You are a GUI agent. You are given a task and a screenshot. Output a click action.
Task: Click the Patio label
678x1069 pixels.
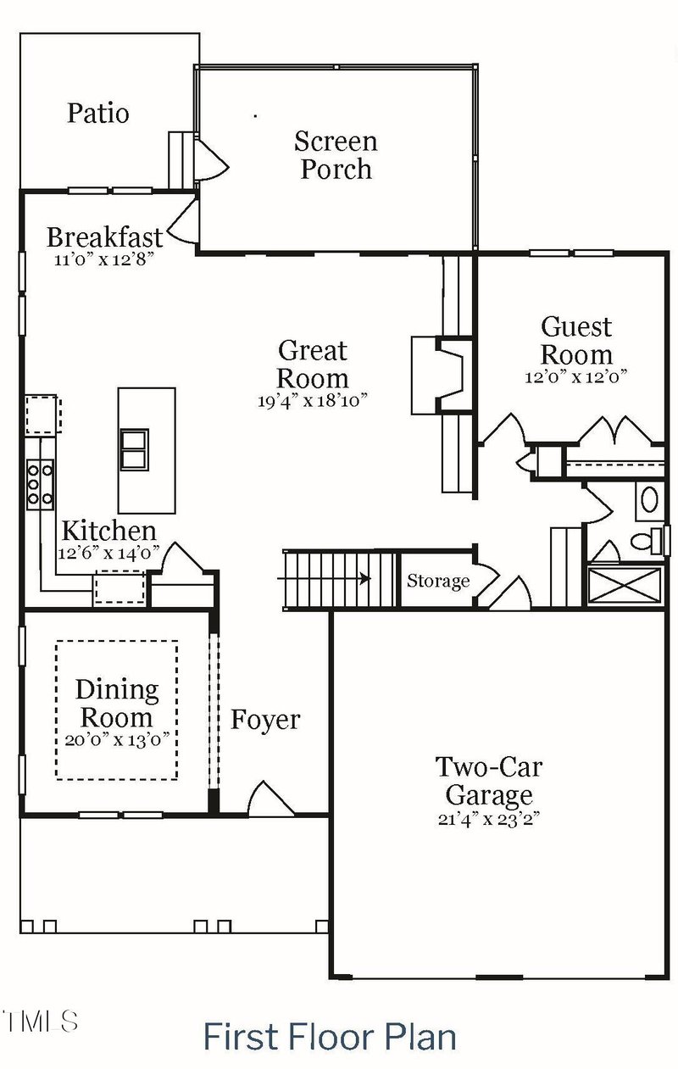pyautogui.click(x=98, y=113)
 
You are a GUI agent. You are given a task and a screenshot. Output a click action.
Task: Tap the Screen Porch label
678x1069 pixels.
pyautogui.click(x=336, y=154)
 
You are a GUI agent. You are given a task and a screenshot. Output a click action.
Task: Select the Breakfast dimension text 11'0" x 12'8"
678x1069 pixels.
pyautogui.click(x=105, y=259)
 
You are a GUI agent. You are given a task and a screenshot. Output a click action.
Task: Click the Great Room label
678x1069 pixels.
pyautogui.click(x=313, y=364)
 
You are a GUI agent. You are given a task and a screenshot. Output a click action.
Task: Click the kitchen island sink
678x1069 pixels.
pyautogui.click(x=135, y=449)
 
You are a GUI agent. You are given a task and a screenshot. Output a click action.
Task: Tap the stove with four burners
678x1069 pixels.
pyautogui.click(x=41, y=483)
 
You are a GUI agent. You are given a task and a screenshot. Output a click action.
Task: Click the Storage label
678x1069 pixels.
pyautogui.click(x=437, y=581)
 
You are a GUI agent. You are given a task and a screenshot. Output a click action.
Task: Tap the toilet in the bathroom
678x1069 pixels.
pyautogui.click(x=653, y=540)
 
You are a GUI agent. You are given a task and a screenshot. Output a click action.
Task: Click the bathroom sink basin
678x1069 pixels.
pyautogui.click(x=650, y=499)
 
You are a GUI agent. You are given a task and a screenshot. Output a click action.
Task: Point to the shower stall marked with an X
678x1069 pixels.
pyautogui.click(x=625, y=586)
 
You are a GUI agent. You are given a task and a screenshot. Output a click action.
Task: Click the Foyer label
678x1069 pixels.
pyautogui.click(x=265, y=720)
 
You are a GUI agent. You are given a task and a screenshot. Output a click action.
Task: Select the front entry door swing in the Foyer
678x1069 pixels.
pyautogui.click(x=270, y=799)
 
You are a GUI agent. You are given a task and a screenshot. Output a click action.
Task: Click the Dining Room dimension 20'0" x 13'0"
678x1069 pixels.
pyautogui.click(x=117, y=738)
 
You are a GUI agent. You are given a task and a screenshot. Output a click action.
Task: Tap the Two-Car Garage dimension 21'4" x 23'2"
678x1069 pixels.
pyautogui.click(x=489, y=819)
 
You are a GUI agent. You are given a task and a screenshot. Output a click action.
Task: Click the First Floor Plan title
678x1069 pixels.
pyautogui.click(x=330, y=1037)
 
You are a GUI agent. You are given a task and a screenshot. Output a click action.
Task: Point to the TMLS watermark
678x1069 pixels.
pyautogui.click(x=40, y=1021)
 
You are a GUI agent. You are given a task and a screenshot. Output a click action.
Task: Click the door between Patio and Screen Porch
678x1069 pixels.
pyautogui.click(x=209, y=160)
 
